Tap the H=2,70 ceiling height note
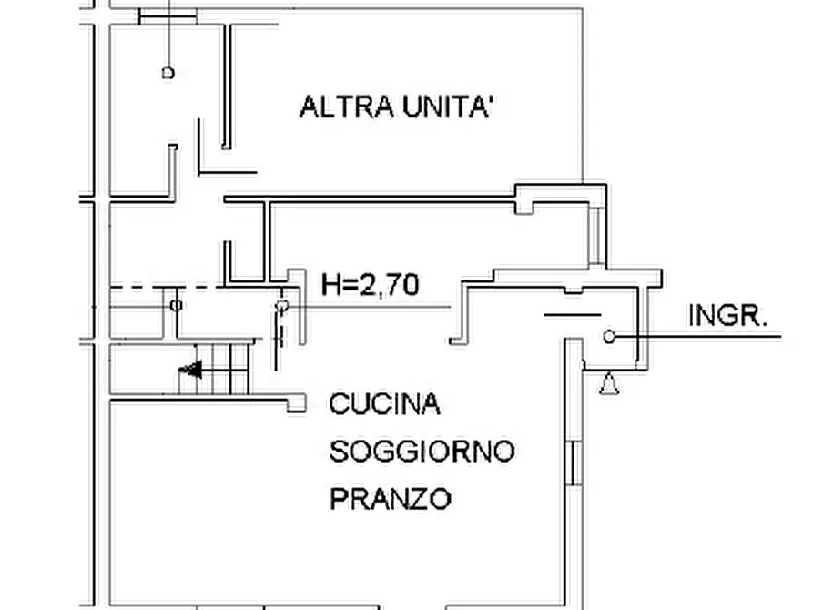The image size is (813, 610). pos(371,286)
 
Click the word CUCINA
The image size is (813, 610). pos(384,403)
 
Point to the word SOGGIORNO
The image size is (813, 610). pos(422,451)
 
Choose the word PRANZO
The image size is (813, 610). pos(390,499)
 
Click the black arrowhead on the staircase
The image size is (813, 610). pos(190,370)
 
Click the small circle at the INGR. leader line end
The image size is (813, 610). pos(609,338)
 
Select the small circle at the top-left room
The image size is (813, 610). pos(168,72)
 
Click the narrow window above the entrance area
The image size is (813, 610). pos(596,236)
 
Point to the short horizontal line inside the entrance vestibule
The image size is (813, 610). pos(573,315)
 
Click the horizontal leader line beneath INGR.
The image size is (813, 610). pos(710,338)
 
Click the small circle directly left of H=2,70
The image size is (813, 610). pos(282,305)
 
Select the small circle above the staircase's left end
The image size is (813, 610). pos(177,305)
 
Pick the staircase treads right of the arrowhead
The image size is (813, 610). pos(228,370)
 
